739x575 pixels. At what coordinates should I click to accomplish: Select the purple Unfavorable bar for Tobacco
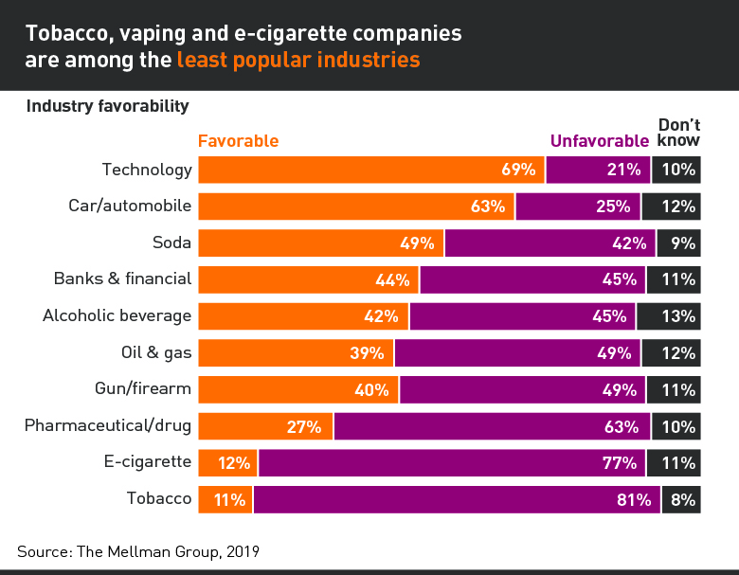[456, 499]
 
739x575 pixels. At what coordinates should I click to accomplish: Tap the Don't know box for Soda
[678, 243]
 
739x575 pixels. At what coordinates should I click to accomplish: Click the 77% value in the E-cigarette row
[620, 463]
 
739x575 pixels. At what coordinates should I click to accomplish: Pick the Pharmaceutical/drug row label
[108, 425]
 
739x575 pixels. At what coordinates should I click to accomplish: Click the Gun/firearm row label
[143, 389]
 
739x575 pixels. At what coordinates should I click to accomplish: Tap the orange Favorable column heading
[238, 141]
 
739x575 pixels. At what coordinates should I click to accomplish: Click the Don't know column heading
[678, 133]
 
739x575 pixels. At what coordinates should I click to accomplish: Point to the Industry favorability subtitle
[107, 106]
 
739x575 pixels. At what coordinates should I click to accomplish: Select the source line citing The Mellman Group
[138, 550]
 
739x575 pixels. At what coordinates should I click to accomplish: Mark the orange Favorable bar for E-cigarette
[227, 463]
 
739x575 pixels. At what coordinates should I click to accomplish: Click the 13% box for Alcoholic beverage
[669, 316]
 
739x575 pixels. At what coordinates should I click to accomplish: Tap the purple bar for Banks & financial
[532, 279]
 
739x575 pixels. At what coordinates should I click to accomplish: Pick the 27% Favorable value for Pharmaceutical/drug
[304, 426]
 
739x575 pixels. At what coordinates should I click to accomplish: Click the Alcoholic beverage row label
[117, 316]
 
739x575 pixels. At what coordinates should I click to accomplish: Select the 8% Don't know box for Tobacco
[681, 499]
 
